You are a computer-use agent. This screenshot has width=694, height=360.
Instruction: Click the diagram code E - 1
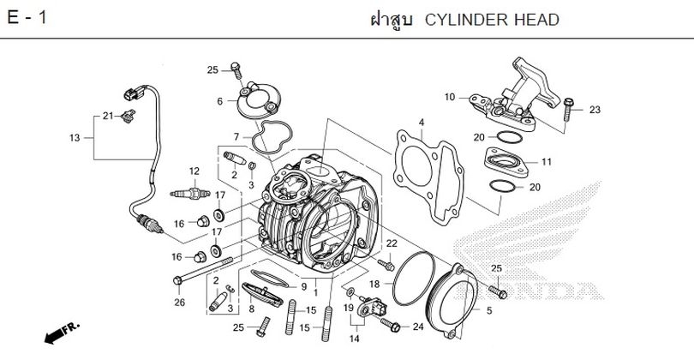pyautogui.click(x=26, y=18)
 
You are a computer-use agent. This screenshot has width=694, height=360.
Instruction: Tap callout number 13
pyautogui.click(x=75, y=137)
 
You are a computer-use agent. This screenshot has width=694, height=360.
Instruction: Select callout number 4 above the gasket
pyautogui.click(x=421, y=123)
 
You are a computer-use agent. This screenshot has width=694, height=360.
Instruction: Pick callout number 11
pyautogui.click(x=546, y=162)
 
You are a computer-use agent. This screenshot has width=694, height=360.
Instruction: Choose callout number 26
pyautogui.click(x=179, y=301)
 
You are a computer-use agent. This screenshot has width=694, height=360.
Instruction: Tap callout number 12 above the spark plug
pyautogui.click(x=194, y=171)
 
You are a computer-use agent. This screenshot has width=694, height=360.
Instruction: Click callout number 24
pyautogui.click(x=417, y=326)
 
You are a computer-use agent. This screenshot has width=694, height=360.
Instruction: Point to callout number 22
pyautogui.click(x=392, y=244)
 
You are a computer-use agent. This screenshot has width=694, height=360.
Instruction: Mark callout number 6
pyautogui.click(x=219, y=101)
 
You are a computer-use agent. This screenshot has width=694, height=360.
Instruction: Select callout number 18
pyautogui.click(x=374, y=283)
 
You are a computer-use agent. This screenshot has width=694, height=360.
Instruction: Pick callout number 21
pyautogui.click(x=108, y=116)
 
